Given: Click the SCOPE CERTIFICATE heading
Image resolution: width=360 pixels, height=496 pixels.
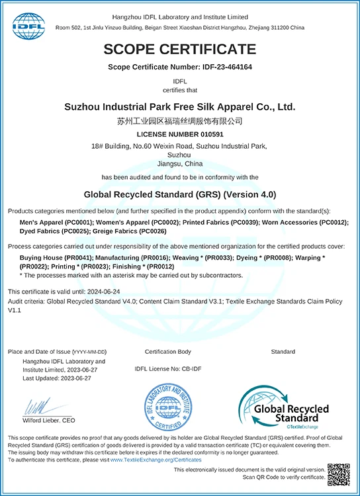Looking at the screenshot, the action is (179, 49).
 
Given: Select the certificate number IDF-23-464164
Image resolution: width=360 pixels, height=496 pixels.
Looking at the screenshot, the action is (217, 67).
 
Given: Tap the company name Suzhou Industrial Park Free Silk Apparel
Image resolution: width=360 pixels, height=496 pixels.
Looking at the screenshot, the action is (179, 106).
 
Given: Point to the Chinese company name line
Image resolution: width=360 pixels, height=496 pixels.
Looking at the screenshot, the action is (179, 121).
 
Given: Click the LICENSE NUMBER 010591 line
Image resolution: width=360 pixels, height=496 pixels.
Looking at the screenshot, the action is (179, 134).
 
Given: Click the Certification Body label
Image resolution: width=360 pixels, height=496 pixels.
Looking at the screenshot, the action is (167, 352).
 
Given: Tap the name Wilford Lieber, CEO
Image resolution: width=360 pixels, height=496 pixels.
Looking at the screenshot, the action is (50, 421).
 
